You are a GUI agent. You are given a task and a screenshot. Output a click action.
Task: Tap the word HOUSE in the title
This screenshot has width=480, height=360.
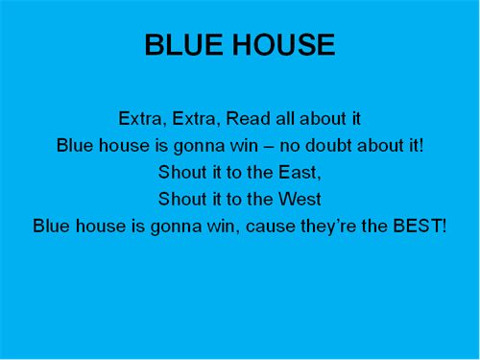pyautogui.click(x=283, y=45)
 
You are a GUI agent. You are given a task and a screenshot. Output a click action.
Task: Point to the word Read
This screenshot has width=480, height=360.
pyautogui.click(x=248, y=120)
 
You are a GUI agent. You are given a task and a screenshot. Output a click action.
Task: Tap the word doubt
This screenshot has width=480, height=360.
pyautogui.click(x=333, y=147)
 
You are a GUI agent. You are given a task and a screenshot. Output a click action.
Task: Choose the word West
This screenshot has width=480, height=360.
pyautogui.click(x=300, y=201)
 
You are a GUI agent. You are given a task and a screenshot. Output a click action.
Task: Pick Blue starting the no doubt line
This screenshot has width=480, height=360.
pyautogui.click(x=75, y=147)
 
